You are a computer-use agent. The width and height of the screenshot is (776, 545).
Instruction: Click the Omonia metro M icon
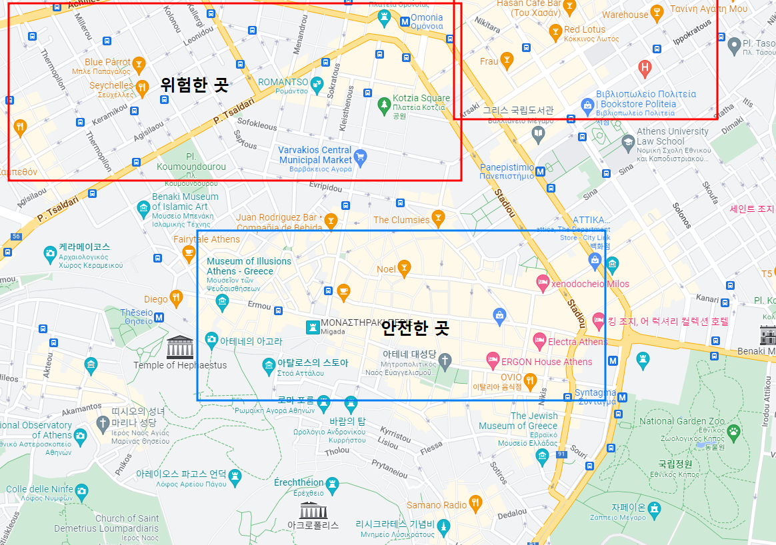click(405, 21)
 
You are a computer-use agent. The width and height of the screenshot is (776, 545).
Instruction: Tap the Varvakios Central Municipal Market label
click(315, 155)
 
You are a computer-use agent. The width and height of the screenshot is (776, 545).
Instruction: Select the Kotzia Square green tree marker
click(383, 104)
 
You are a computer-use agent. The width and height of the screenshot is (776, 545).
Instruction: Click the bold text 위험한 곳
click(194, 85)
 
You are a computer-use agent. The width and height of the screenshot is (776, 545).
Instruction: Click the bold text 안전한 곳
click(415, 328)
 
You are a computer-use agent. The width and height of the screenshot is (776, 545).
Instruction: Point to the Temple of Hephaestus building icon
click(180, 347)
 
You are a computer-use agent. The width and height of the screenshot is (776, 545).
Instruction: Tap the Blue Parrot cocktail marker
click(139, 64)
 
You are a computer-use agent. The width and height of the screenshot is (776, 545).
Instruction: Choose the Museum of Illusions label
click(249, 266)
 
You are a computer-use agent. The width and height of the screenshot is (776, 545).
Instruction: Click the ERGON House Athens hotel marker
click(493, 362)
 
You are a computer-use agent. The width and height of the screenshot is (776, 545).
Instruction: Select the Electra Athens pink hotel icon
click(539, 342)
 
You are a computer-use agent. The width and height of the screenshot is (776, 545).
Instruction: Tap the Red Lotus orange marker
click(555, 31)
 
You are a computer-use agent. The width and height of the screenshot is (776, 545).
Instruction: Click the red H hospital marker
click(644, 67)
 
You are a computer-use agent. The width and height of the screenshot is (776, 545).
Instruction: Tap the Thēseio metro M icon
click(159, 317)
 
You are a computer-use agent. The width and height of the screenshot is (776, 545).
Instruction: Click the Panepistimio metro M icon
click(540, 171)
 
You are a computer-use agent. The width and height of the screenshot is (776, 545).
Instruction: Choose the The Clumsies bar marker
click(438, 217)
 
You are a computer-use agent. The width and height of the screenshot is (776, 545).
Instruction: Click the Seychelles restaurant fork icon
click(141, 87)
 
